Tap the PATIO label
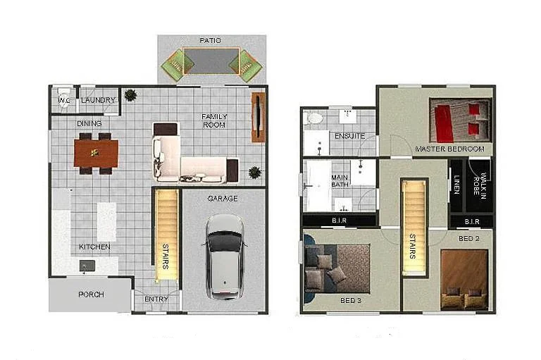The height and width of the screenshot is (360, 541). pyautogui.click(x=210, y=41)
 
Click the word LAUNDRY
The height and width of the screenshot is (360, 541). pyautogui.click(x=98, y=101)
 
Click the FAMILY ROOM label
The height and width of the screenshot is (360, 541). pyautogui.click(x=213, y=120)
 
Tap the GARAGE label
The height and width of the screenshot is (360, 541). pyautogui.click(x=222, y=199)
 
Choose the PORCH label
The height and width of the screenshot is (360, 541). pyautogui.click(x=91, y=294)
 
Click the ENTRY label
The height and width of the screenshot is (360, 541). pyautogui.click(x=156, y=299)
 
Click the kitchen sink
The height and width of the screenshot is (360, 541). pyautogui.click(x=88, y=266)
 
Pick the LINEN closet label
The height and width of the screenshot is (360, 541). pyautogui.click(x=457, y=185)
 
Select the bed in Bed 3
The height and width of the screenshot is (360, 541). pyautogui.click(x=337, y=268)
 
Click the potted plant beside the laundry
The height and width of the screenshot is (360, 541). pyautogui.click(x=130, y=95)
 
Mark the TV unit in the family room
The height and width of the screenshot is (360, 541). pyautogui.click(x=258, y=117)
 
